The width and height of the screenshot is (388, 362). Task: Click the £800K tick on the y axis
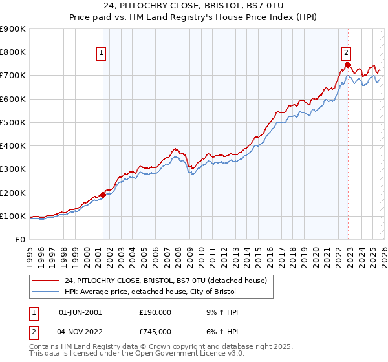pyautogui.click(x=13, y=52)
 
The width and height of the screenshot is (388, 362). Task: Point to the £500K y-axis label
pyautogui.click(x=13, y=122)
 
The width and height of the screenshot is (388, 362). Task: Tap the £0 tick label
pyautogui.click(x=20, y=239)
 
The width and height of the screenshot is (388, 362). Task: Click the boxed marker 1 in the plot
pyautogui.click(x=102, y=54)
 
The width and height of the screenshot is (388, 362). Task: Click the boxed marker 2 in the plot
pyautogui.click(x=347, y=54)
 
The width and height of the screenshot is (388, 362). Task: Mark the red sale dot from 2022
pyautogui.click(x=347, y=65)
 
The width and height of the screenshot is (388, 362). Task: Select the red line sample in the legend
pyautogui.click(x=46, y=281)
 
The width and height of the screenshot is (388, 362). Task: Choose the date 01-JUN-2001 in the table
pyautogui.click(x=80, y=312)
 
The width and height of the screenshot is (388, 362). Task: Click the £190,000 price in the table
pyautogui.click(x=155, y=312)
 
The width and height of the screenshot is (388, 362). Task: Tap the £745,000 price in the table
pyautogui.click(x=155, y=332)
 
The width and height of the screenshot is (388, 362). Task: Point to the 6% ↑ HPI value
pyautogui.click(x=224, y=332)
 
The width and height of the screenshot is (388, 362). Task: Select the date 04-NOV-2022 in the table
pyautogui.click(x=80, y=332)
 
